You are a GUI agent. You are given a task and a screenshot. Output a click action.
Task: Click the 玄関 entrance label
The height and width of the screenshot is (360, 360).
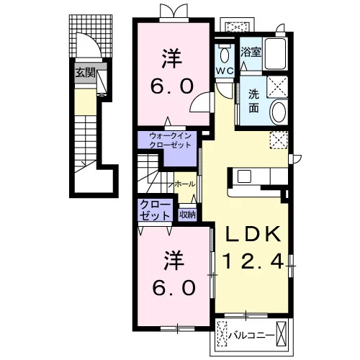pyautogui.click(x=86, y=73)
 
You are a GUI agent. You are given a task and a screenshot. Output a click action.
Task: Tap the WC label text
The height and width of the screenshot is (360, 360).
pyautogui.click(x=225, y=71)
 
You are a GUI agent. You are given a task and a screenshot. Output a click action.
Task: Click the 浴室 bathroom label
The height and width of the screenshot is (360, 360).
pyautogui.click(x=251, y=52)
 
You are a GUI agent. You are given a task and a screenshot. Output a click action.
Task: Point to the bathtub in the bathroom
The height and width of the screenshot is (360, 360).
pyautogui.click(x=275, y=53)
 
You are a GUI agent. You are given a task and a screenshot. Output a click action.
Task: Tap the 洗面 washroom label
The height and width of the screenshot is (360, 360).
pyautogui.click(x=253, y=101)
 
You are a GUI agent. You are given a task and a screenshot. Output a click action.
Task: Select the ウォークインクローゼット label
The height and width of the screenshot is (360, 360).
pyautogui.click(x=170, y=140)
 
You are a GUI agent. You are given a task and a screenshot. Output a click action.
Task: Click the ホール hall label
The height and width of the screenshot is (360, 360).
pyautogui.click(x=185, y=184)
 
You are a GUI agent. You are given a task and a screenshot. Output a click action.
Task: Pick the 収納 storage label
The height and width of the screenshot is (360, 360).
pyautogui.click(x=188, y=215)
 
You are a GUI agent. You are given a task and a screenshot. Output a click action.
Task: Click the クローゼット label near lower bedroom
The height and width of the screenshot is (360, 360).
pyautogui.click(x=155, y=210)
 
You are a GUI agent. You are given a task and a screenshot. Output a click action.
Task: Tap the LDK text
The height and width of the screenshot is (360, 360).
pyautogui.click(x=253, y=234)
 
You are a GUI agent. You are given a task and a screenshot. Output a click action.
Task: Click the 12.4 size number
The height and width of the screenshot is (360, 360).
pyautogui.click(x=253, y=261)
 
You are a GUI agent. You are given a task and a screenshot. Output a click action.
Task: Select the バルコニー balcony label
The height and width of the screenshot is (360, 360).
pyautogui.click(x=251, y=335)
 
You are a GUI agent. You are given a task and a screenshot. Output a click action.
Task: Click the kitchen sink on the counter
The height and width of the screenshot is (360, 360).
pyautogui.click(x=244, y=176)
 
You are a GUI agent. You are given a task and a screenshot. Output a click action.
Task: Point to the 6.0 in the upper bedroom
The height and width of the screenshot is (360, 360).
pyautogui.click(x=172, y=87)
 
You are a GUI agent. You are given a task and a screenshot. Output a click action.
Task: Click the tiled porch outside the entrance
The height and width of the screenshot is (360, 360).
pyautogui.click(x=91, y=36)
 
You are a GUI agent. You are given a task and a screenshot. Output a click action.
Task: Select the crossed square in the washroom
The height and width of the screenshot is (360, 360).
pyautogui.click(x=277, y=86)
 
